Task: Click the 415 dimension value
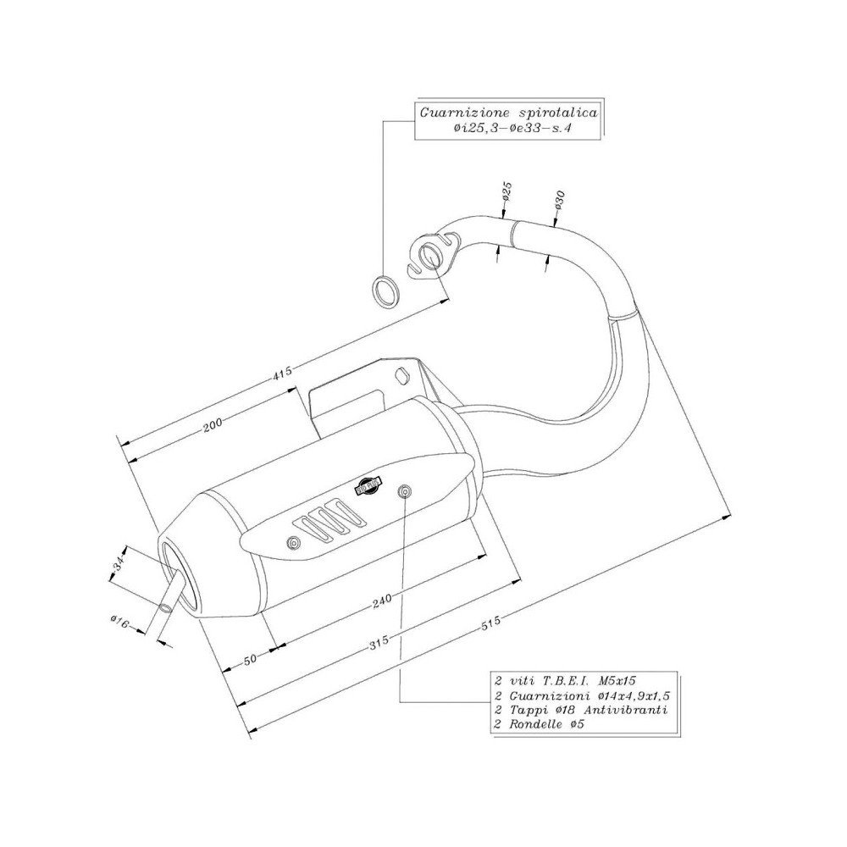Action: coord(282,371)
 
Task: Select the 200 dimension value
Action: coord(213,425)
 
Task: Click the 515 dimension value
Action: coord(491,623)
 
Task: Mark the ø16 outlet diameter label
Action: coord(119,623)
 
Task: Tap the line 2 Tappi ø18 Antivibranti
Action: coord(580,710)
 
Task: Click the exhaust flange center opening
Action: coord(431,255)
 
